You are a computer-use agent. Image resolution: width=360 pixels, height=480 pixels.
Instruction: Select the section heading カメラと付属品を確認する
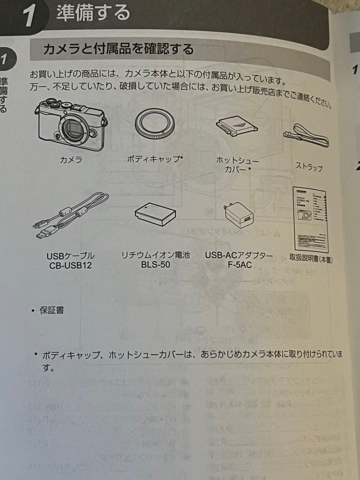(x=118, y=48)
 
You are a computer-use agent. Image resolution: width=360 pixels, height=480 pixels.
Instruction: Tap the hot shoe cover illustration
(x=237, y=125)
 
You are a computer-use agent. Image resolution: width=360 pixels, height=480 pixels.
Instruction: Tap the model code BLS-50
(x=155, y=265)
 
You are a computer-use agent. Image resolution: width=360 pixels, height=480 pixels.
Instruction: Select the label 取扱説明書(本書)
(x=311, y=258)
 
